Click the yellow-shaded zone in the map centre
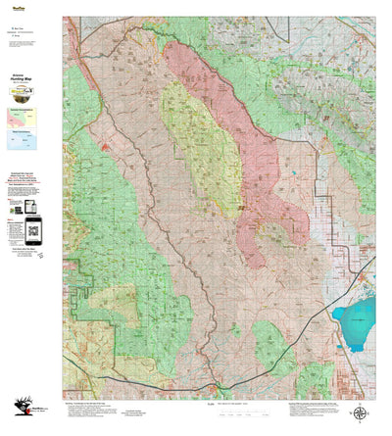pos(203,147)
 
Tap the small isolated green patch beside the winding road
pos(235,330)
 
